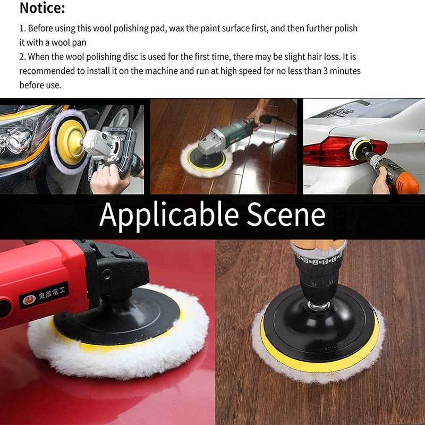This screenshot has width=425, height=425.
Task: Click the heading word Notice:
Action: click(42, 8)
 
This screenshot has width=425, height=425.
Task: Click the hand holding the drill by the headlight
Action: click(109, 178)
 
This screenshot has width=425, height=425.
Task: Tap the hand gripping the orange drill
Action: click(381, 183)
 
